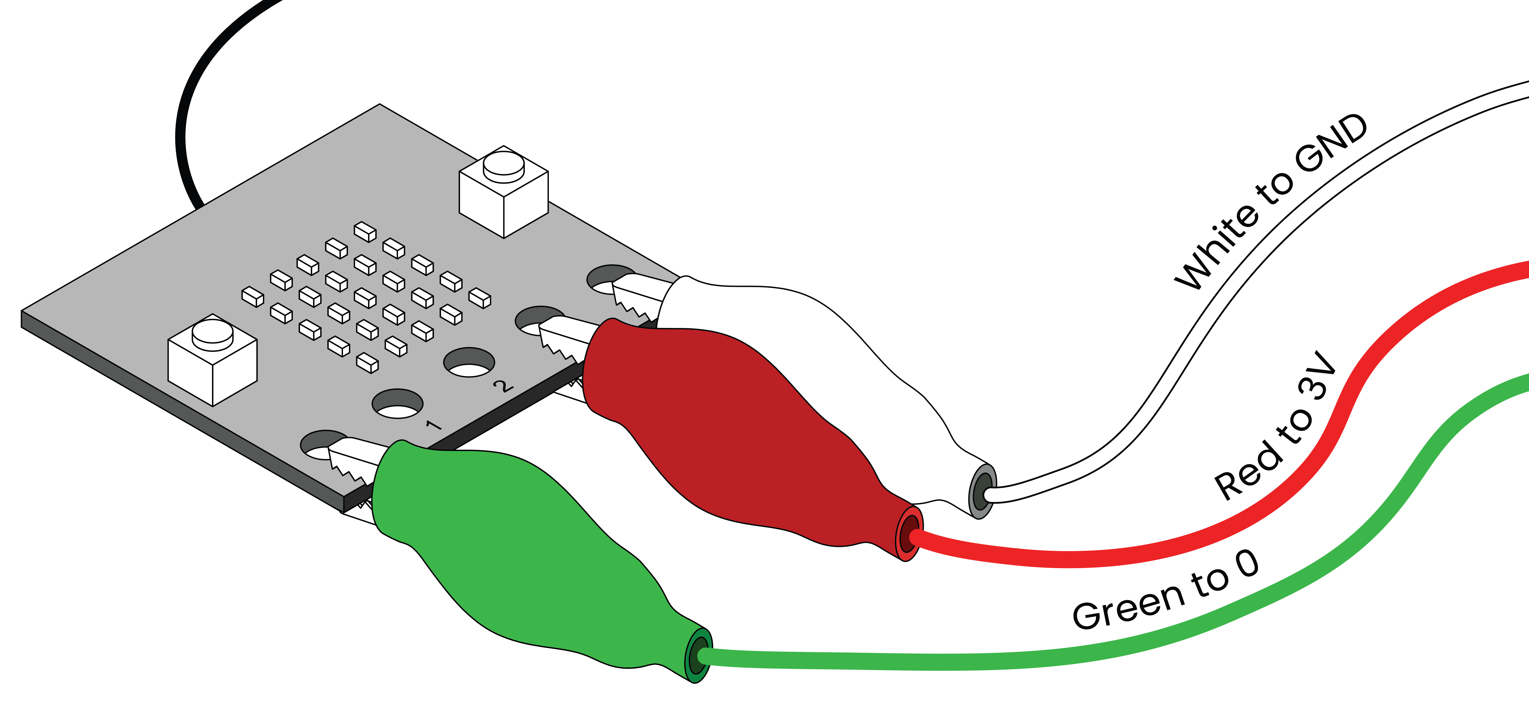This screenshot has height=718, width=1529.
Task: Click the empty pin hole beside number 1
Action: pos(398,403)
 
